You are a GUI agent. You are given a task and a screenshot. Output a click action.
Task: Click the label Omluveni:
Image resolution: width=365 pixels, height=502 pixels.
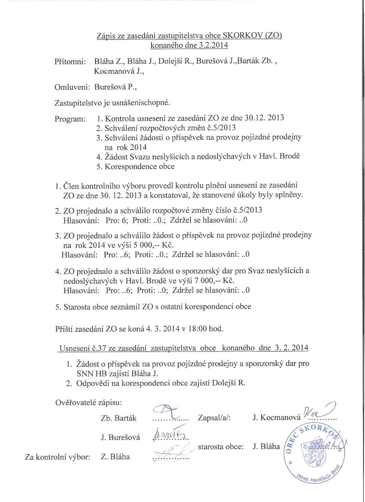coord(72,87)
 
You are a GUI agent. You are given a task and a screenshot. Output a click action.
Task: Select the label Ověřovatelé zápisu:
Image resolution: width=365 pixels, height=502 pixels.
coord(88,403)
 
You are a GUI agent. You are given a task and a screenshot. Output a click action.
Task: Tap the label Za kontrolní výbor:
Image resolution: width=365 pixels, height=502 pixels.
coord(57,457)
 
